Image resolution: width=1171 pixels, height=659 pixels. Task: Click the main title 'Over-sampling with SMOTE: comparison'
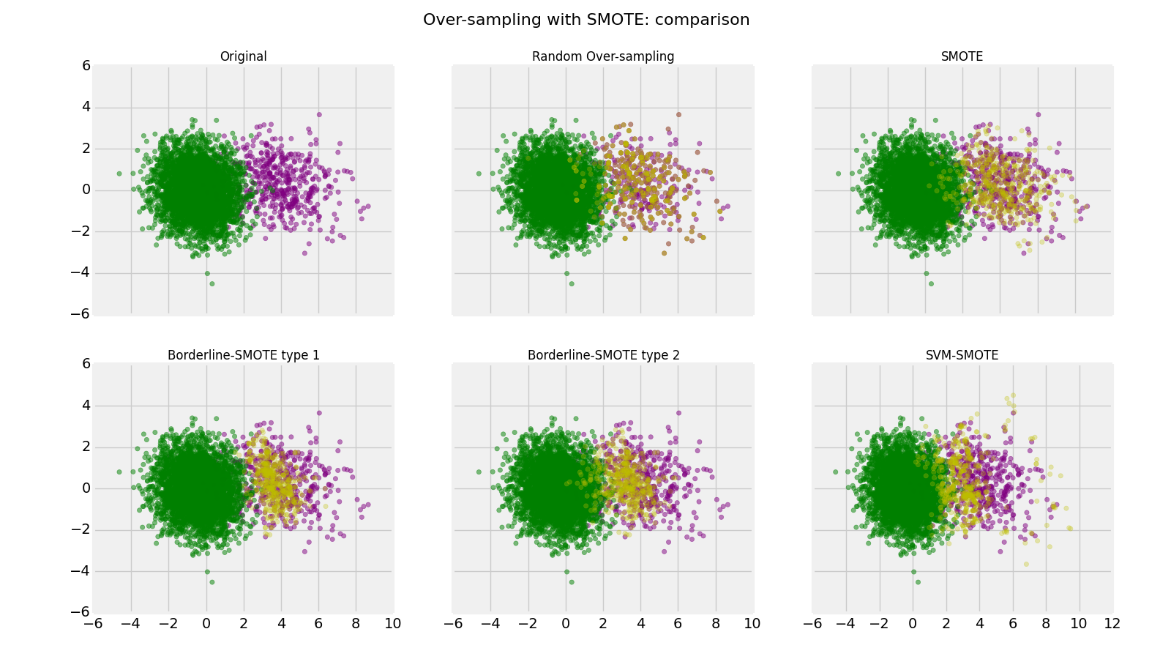pyautogui.click(x=586, y=20)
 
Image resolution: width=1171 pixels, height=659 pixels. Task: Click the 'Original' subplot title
pyautogui.click(x=243, y=56)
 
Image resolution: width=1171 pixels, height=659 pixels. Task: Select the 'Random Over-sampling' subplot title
pyautogui.click(x=603, y=56)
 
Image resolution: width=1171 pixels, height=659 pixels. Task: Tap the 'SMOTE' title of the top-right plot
pyautogui.click(x=962, y=56)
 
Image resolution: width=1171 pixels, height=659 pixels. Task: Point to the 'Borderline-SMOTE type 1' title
pyautogui.click(x=243, y=355)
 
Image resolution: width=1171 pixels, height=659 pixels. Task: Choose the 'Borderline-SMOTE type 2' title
pyautogui.click(x=603, y=355)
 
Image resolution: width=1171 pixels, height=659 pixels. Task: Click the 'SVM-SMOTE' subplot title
pyautogui.click(x=962, y=355)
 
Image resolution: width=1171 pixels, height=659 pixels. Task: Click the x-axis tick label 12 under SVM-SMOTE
pyautogui.click(x=1112, y=623)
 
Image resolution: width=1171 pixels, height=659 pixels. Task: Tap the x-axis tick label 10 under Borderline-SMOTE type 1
pyautogui.click(x=392, y=623)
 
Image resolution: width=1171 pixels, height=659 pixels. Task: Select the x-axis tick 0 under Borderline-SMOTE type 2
pyautogui.click(x=566, y=623)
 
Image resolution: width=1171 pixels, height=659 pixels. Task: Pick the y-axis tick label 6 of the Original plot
pyautogui.click(x=86, y=65)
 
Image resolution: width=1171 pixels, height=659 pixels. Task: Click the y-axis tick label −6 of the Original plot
pyautogui.click(x=81, y=314)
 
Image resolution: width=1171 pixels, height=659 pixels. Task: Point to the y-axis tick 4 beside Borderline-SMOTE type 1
pyautogui.click(x=86, y=405)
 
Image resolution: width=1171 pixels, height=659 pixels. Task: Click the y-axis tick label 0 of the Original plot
pyautogui.click(x=86, y=190)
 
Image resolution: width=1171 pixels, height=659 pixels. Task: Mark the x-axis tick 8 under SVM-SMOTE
pyautogui.click(x=1045, y=623)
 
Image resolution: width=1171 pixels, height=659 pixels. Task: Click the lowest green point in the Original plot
pyautogui.click(x=212, y=283)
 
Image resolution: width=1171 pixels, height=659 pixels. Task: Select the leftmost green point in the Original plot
pyautogui.click(x=119, y=174)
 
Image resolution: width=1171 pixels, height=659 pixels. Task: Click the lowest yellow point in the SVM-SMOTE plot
pyautogui.click(x=1026, y=564)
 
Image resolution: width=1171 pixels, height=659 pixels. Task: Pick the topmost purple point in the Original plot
pyautogui.click(x=319, y=114)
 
